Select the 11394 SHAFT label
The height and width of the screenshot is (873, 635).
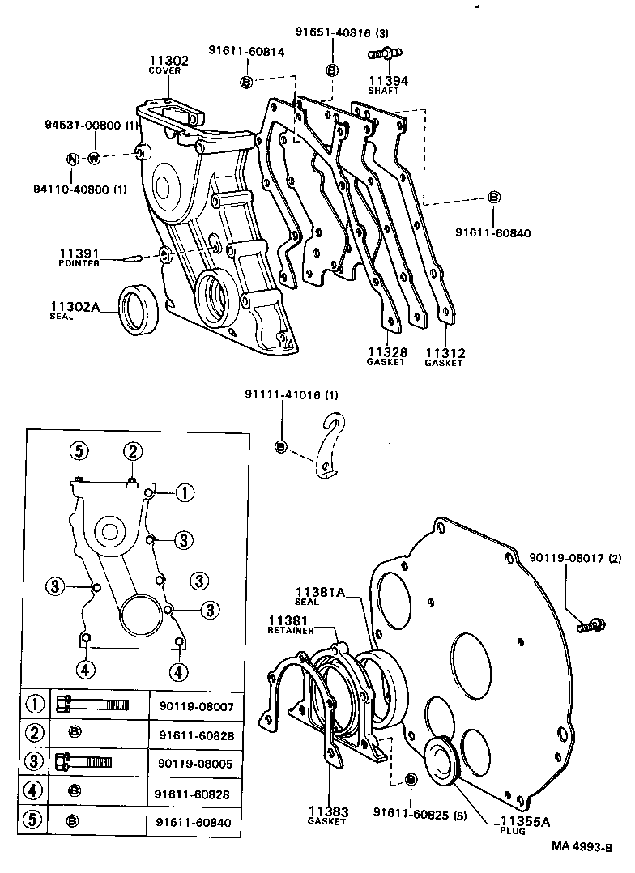coord(389,85)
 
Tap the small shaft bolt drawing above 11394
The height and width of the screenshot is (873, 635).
coord(382,54)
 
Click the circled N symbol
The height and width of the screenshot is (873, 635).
coord(72,158)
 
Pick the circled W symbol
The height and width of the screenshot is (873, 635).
coord(94,158)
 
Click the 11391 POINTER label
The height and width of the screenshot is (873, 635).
coord(79,257)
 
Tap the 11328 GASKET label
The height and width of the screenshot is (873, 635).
coord(386,357)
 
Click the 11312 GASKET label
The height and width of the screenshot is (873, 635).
coord(444,357)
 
